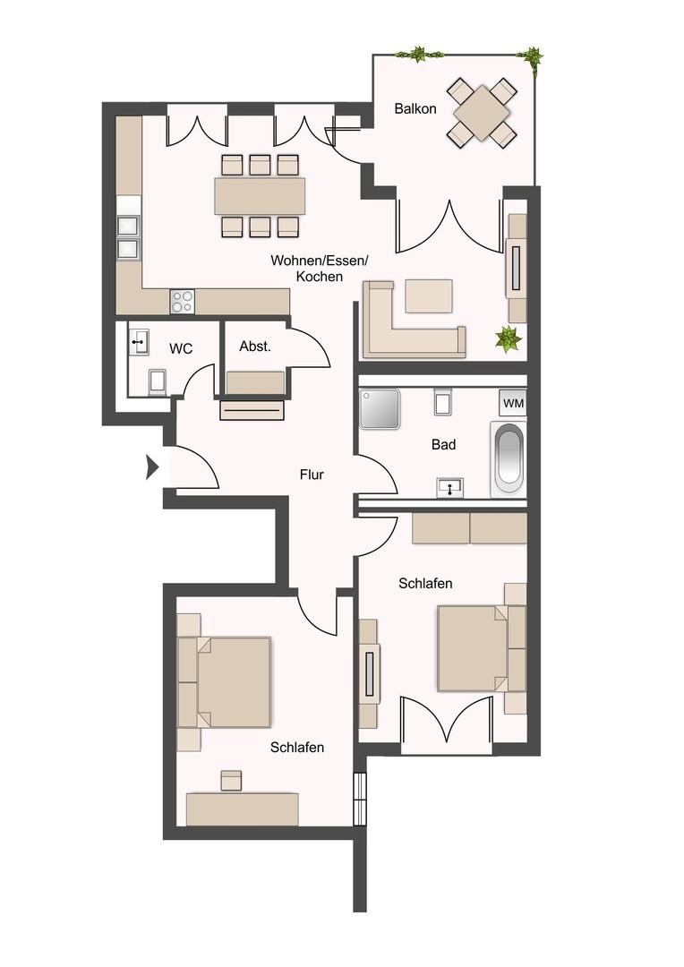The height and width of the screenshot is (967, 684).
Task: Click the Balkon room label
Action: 415,109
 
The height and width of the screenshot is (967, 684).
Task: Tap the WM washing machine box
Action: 513,403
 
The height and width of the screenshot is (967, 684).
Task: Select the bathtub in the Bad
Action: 509,458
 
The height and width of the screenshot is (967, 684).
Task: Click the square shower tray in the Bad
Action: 379,409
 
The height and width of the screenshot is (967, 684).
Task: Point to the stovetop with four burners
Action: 183,302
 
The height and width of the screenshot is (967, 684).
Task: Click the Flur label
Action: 312,475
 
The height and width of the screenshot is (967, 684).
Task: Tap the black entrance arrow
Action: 152,467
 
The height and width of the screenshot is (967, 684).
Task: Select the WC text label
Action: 182,349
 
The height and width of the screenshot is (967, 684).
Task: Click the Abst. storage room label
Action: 255,347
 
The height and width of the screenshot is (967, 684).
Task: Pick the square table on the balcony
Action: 483,113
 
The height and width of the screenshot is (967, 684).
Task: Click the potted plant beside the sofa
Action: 509,338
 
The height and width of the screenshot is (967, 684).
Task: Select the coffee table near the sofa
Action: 429,295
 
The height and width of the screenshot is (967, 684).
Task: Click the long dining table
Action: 260,195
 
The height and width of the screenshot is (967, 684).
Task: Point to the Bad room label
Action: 443,445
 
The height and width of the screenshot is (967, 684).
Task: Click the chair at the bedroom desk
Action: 232,780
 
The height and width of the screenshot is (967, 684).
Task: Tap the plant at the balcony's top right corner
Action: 533,59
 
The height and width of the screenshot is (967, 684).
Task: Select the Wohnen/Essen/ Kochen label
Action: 320,269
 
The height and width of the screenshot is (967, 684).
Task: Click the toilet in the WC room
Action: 158,381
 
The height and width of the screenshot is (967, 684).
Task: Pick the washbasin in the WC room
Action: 139,342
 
